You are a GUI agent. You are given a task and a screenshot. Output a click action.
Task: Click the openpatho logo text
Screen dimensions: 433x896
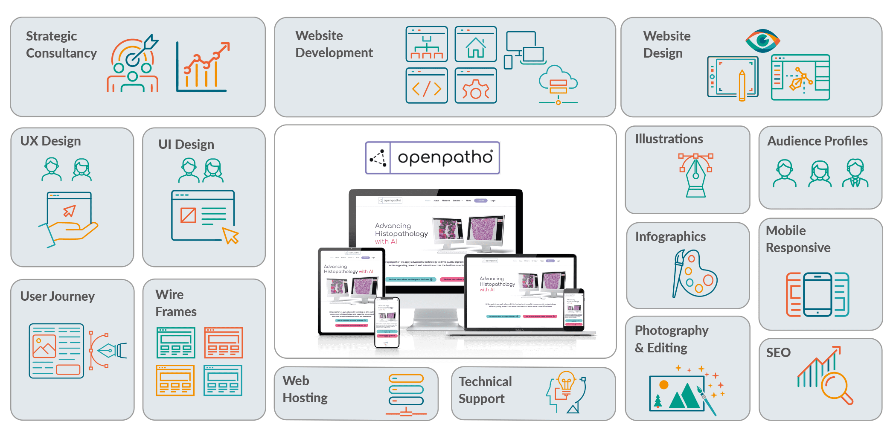[x=445, y=158]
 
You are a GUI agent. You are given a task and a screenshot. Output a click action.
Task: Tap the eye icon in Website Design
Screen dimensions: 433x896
[x=762, y=41]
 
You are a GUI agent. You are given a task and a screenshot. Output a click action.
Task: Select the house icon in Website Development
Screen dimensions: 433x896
[x=475, y=44]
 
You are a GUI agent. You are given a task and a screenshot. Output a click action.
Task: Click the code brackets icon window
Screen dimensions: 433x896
[x=427, y=86]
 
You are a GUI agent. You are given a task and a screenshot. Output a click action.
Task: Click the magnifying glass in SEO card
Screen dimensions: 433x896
[x=835, y=387]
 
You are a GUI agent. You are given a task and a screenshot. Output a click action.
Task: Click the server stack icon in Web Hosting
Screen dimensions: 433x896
[x=406, y=390]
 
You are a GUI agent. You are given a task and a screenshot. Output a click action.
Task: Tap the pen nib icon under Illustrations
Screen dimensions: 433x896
[x=695, y=175]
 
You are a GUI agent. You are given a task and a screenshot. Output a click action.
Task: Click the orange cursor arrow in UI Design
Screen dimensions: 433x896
[x=231, y=235]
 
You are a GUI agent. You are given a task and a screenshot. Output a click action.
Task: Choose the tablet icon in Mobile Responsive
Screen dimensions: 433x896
[x=817, y=294]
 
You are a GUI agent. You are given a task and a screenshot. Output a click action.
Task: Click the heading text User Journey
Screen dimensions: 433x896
[x=58, y=296]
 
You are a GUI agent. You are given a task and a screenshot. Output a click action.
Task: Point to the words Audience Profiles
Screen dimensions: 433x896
[x=817, y=141]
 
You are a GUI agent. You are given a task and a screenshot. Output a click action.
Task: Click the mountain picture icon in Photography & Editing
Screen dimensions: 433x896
[x=677, y=393]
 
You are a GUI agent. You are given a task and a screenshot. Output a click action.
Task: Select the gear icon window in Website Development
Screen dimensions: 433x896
[x=475, y=86]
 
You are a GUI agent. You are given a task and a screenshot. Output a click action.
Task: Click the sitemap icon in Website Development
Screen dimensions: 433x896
[x=427, y=44]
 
